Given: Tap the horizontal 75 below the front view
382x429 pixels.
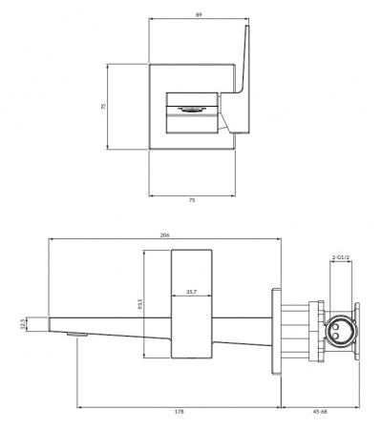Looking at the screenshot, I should (192, 201).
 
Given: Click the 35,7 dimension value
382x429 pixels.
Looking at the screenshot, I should (191, 292).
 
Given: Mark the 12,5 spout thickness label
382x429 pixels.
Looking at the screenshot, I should (22, 323).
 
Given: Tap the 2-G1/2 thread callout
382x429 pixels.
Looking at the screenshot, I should (341, 258).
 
